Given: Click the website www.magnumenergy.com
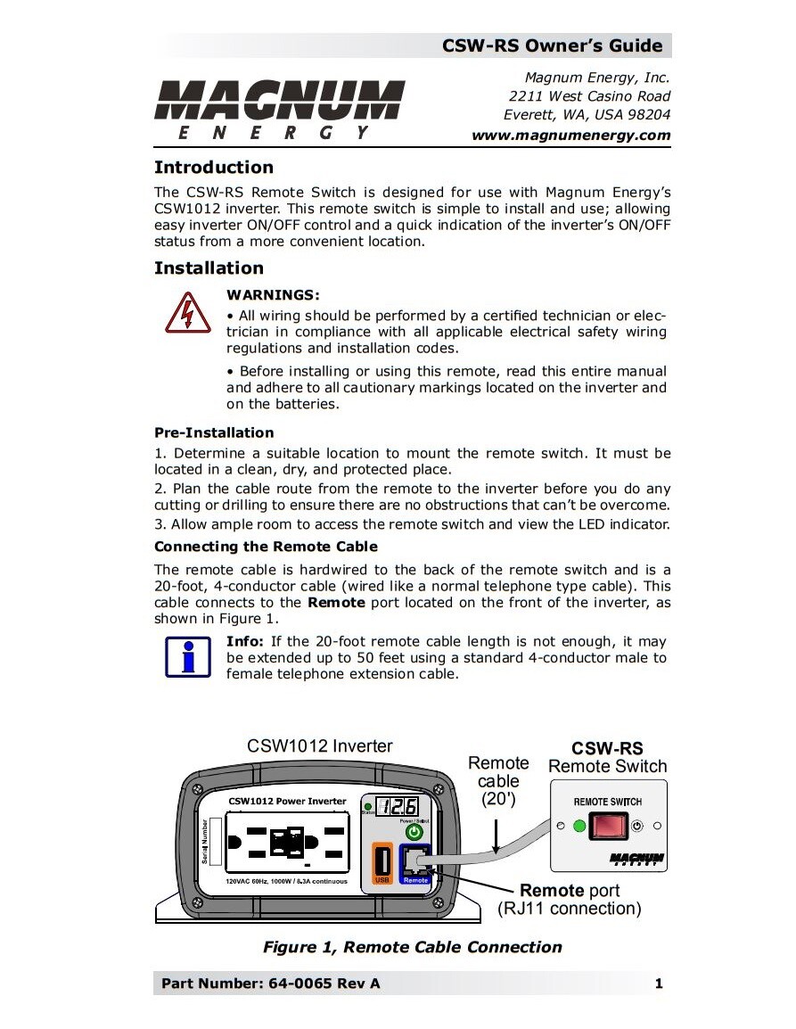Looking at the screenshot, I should (570, 136).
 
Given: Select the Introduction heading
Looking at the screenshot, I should (214, 168).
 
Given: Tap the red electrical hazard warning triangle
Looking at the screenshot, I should (188, 312).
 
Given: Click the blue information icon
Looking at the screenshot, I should (188, 658).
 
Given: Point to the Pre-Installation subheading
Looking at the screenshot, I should (214, 432).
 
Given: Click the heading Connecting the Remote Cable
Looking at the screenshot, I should (266, 547).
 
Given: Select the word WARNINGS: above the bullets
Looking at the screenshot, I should (273, 294).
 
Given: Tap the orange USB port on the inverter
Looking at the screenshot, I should (382, 862).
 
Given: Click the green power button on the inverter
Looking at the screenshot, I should (414, 831).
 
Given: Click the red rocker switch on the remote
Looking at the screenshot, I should (607, 827).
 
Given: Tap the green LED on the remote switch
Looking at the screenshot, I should (579, 827).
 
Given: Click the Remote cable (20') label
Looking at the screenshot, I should (498, 781).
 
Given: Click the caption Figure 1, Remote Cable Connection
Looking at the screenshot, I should (412, 947).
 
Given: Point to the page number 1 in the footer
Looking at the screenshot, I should (659, 984).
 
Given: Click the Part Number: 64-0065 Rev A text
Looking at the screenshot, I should (270, 984).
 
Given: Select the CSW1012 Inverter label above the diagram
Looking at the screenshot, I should (319, 746).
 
